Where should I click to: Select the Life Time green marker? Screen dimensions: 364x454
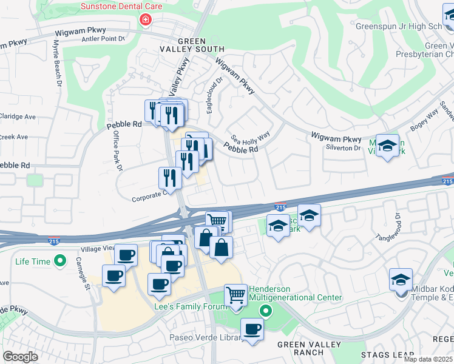pos(59,261)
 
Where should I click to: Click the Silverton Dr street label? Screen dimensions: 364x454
pos(344,148)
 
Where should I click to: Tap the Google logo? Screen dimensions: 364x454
pos(21,357)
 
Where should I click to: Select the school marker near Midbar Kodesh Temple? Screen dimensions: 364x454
pos(401,280)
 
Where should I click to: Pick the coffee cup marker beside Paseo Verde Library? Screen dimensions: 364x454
pos(252,330)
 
